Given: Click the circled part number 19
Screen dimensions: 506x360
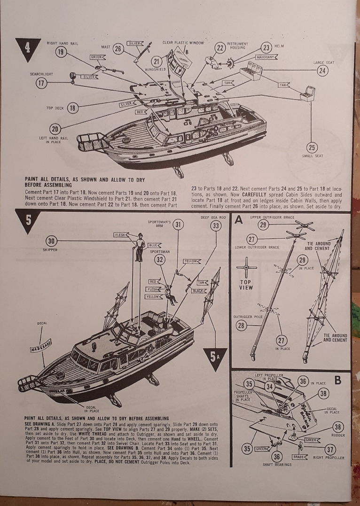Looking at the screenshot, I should click(x=61, y=52).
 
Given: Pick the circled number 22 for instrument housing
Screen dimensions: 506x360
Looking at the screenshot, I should click(x=220, y=47).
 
